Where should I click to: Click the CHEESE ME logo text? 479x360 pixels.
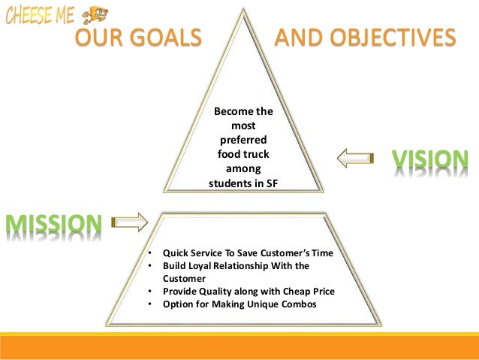pyautogui.click(x=39, y=15)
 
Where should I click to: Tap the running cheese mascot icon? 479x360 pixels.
pyautogui.click(x=95, y=14)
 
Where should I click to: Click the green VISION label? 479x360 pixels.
pyautogui.click(x=430, y=159)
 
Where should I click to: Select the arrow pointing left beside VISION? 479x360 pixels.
pyautogui.click(x=354, y=159)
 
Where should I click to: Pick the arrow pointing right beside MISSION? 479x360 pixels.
pyautogui.click(x=130, y=222)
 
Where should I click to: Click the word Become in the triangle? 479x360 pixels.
pyautogui.click(x=233, y=111)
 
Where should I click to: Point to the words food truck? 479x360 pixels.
pyautogui.click(x=244, y=154)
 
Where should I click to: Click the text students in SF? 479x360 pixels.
pyautogui.click(x=244, y=183)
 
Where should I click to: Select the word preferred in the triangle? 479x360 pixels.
pyautogui.click(x=244, y=140)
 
